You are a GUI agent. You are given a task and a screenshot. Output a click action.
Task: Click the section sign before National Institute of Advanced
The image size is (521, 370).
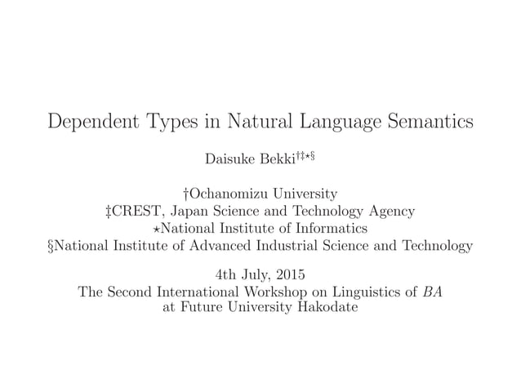point(53,245)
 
